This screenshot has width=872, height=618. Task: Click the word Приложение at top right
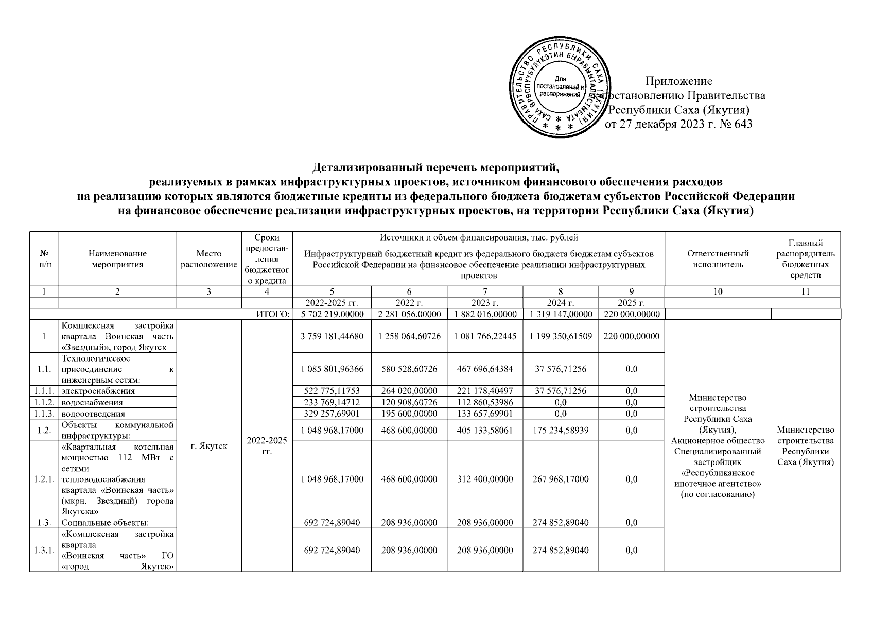coord(679,81)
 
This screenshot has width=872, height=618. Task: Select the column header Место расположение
coord(209,259)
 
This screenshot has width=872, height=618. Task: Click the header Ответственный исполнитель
coord(718,259)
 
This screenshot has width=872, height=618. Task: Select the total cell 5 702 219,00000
coord(332,314)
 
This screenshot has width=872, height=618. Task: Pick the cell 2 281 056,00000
coord(409,314)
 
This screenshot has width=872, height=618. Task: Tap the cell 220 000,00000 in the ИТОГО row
coord(631,314)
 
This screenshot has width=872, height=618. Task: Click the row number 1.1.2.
coord(44,402)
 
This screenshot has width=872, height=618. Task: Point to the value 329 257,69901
coord(332,414)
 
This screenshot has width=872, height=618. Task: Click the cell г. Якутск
coord(209,446)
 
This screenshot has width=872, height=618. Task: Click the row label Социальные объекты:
coord(105,522)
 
